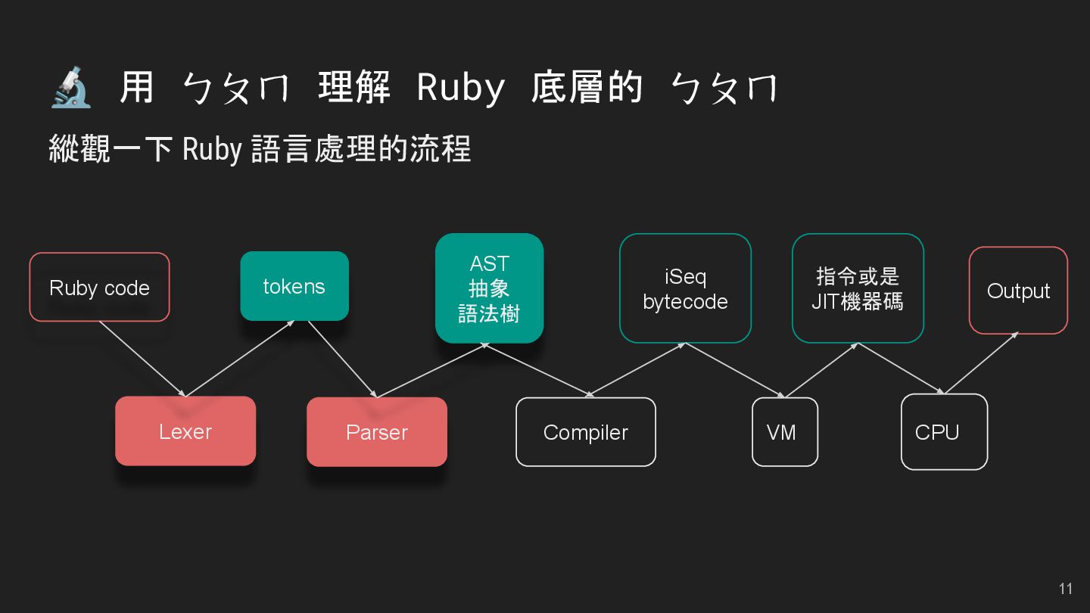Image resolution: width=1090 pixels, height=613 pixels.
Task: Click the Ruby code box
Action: [x=99, y=288]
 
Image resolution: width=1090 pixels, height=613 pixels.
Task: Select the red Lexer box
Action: [x=185, y=431]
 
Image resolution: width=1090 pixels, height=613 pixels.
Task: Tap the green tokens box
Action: [x=294, y=286]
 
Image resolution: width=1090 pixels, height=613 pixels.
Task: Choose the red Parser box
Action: [x=377, y=432]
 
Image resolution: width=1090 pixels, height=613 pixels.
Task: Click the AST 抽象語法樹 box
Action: [x=489, y=288]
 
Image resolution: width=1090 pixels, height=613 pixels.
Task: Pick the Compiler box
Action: [x=586, y=432]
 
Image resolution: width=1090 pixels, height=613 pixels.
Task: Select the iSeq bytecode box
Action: [x=685, y=288]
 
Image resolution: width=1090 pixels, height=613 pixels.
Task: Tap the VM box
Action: [x=785, y=432]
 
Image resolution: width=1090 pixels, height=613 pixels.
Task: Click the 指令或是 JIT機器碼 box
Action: [x=858, y=288]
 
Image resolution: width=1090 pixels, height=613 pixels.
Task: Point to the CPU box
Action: [x=944, y=432]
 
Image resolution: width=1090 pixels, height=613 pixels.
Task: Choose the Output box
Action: [x=1018, y=291]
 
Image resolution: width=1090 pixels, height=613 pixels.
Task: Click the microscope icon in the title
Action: [x=71, y=87]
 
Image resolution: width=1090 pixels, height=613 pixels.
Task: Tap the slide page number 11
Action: [x=1066, y=589]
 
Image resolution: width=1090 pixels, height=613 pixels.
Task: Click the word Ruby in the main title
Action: [x=460, y=89]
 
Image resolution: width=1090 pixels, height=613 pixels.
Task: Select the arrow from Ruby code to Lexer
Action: [x=142, y=359]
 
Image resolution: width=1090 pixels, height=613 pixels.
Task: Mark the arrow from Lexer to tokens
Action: [x=240, y=359]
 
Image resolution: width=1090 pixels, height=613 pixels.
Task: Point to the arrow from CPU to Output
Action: [x=981, y=363]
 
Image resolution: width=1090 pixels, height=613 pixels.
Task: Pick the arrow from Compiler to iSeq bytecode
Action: [x=636, y=369]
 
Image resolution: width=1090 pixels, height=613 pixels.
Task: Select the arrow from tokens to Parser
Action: [x=341, y=359]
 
